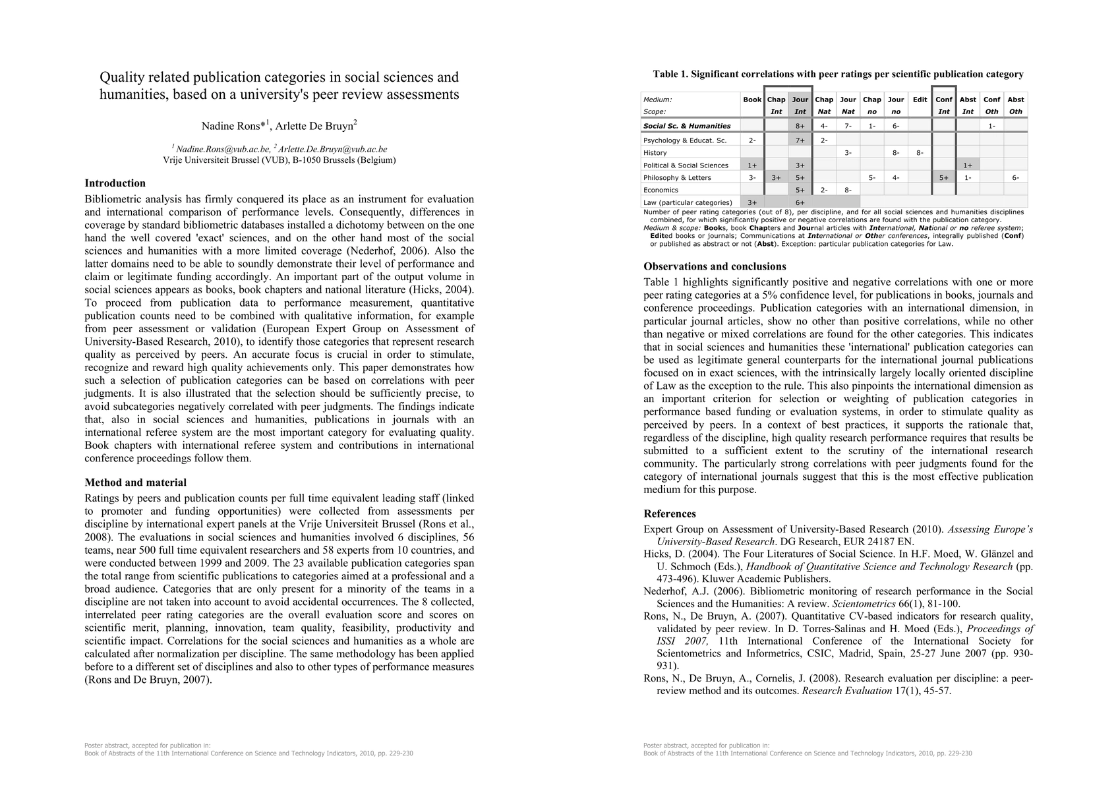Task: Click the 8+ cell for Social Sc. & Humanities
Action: coord(800,126)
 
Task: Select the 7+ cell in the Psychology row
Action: coord(800,140)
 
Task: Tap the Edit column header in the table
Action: coord(920,100)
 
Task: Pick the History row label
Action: coord(655,153)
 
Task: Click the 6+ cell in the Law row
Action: coord(800,203)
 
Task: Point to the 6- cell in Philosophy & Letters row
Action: coord(1015,178)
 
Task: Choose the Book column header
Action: coord(752,100)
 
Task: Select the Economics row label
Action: coord(661,190)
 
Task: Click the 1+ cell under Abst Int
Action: coord(968,165)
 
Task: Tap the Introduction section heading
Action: coord(115,183)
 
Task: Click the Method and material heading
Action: coord(136,483)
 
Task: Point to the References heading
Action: coord(670,514)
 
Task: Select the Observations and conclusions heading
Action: coord(715,267)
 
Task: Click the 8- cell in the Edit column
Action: coord(920,153)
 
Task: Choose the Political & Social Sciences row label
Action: coord(686,165)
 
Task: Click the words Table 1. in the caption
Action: coord(670,74)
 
